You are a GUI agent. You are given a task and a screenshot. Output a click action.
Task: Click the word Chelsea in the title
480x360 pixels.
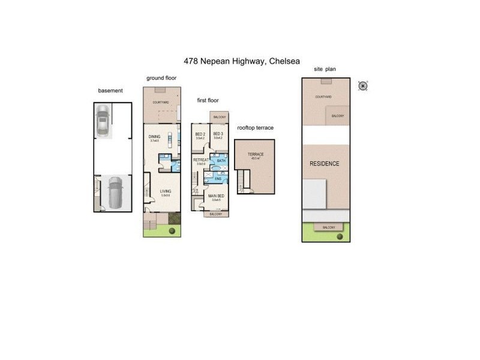[284, 61]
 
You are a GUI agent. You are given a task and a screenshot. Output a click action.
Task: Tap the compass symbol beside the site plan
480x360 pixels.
[363, 85]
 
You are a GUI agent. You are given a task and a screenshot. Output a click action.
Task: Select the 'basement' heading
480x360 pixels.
[110, 91]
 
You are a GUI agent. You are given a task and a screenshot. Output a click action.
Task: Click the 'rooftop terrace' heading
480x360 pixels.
[255, 128]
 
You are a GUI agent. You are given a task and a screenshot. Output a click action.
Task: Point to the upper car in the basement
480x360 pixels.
[103, 121]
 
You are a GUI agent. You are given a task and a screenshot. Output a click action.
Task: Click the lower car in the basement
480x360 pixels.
[114, 191]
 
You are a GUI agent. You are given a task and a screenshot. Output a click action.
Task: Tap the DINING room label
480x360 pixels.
[154, 136]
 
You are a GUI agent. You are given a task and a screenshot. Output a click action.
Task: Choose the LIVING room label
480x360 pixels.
[165, 191]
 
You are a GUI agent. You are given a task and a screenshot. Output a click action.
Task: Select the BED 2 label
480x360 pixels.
[200, 134]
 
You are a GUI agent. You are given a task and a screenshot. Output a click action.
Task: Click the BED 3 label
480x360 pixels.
[218, 134]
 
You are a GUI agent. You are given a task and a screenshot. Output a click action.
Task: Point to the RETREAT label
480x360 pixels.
[200, 160]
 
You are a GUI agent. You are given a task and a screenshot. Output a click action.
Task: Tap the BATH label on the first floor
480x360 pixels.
[221, 161]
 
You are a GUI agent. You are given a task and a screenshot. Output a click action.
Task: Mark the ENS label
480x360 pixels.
[218, 179]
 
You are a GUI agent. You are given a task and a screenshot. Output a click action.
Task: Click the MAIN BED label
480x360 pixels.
[217, 196]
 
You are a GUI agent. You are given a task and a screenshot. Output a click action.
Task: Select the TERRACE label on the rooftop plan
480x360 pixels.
[256, 154]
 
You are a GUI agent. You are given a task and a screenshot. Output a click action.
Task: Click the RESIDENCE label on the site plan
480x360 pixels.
[324, 164]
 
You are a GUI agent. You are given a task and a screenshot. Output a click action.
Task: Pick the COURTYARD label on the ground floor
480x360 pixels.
[161, 103]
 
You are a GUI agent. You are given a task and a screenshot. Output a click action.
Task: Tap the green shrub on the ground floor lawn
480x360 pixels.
[172, 231]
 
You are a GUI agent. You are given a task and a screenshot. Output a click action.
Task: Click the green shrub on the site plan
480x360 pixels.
[340, 236]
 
